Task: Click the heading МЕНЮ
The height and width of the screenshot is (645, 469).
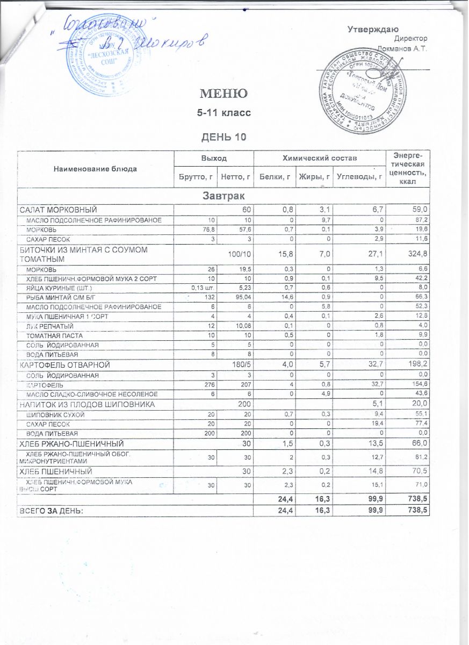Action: tap(223, 94)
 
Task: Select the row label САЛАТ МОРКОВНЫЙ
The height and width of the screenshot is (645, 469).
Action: tap(59, 210)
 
